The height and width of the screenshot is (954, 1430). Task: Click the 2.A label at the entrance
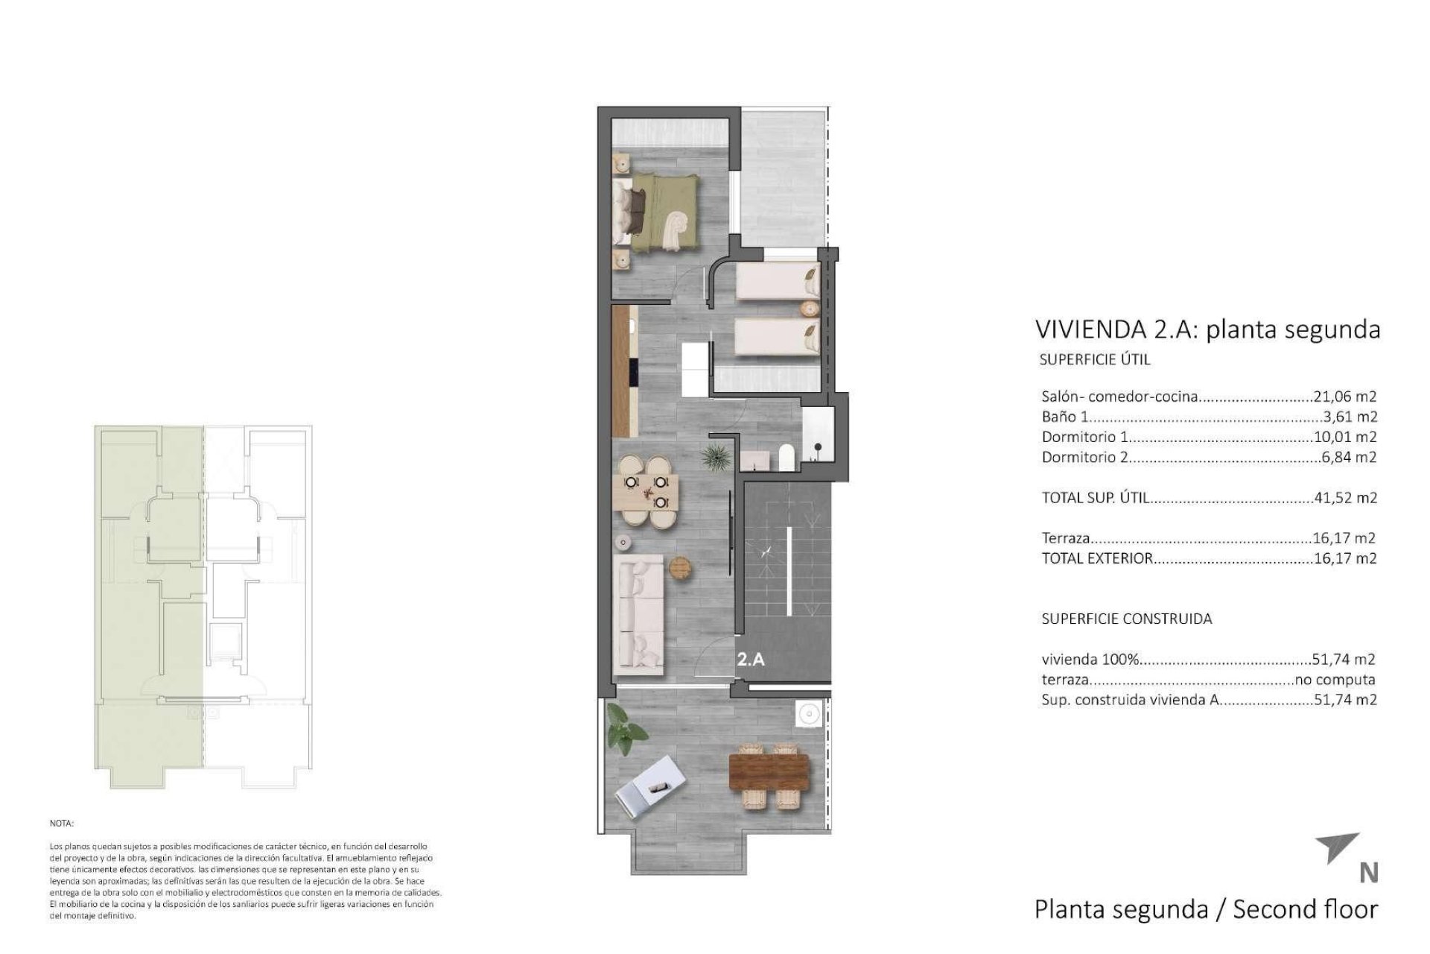(751, 659)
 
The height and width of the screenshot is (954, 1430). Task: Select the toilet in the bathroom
(786, 458)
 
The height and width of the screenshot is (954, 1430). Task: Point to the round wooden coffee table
(681, 567)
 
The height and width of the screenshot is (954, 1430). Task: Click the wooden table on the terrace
(769, 775)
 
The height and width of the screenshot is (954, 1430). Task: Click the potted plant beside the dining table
(715, 457)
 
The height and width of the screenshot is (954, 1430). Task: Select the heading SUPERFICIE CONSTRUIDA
(1126, 619)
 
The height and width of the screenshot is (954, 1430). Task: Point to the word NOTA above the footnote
(62, 824)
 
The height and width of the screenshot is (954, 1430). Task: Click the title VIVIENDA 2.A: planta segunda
(1207, 329)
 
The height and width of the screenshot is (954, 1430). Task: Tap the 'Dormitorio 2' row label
(1084, 458)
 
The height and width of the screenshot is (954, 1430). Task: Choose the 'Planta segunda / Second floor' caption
(1206, 909)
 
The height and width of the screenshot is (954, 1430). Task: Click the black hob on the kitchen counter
(633, 373)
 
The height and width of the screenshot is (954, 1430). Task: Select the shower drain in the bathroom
(818, 447)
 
